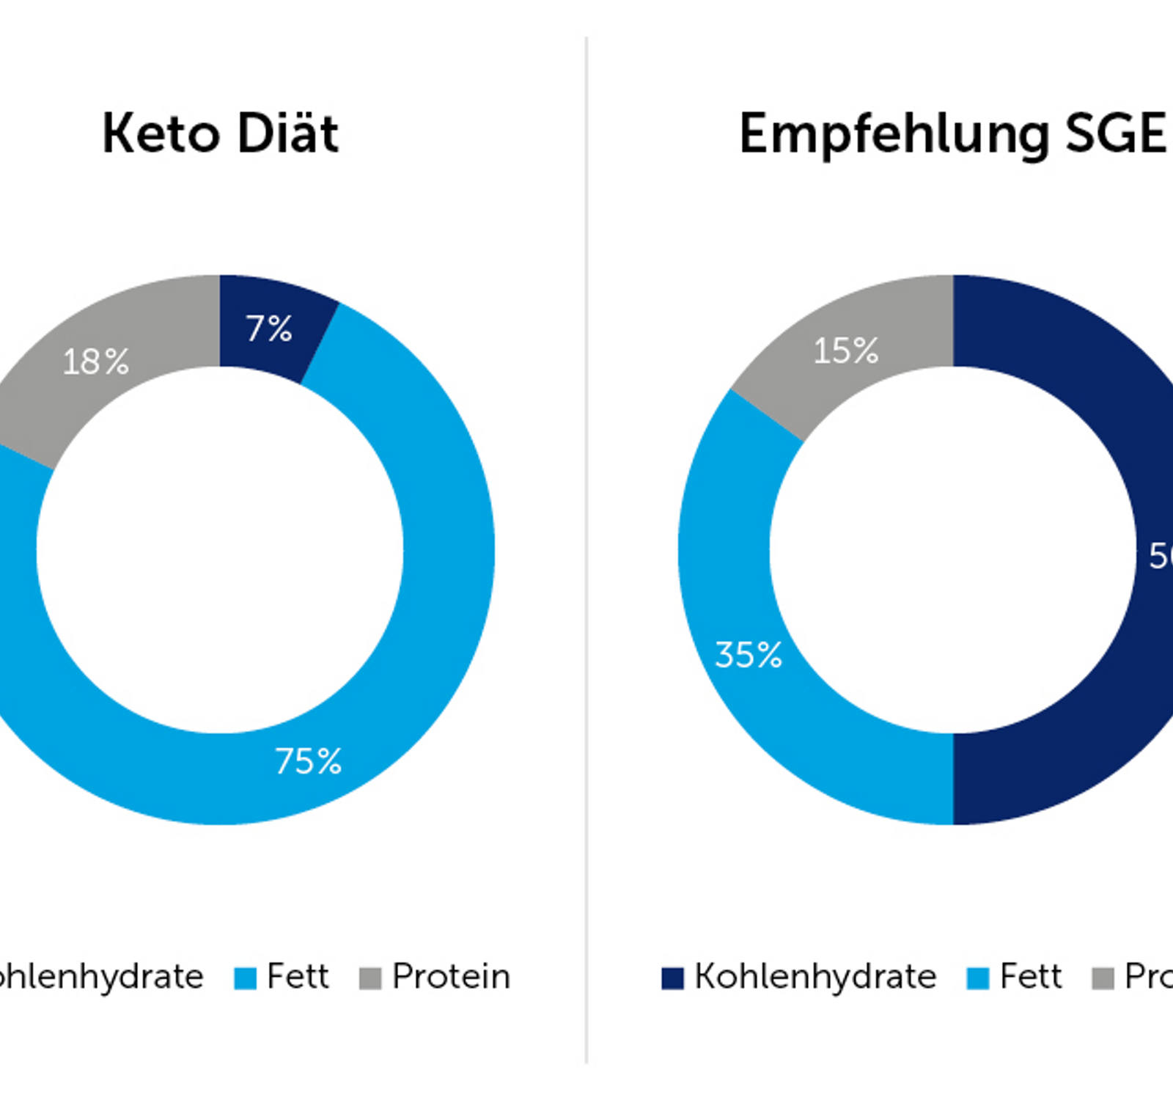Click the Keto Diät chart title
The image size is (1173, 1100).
tap(220, 134)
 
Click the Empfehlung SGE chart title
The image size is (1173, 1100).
tap(952, 134)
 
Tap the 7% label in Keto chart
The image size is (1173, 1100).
tap(269, 329)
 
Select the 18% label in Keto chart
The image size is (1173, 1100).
tap(96, 362)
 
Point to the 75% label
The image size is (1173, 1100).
tap(308, 761)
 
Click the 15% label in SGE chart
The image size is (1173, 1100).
tap(845, 351)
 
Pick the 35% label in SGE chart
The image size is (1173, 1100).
tap(749, 655)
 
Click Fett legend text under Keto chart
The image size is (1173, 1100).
tap(298, 977)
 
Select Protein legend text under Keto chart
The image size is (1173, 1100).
tap(451, 977)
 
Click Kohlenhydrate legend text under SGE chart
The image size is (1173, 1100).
tap(815, 977)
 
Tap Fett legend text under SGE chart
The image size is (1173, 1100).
tap(1031, 977)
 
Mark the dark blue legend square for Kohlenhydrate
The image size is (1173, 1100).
tap(672, 978)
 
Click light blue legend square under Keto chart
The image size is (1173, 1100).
tap(246, 978)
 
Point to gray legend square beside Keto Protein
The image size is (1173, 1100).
tap(370, 978)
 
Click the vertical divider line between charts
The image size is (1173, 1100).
tap(586, 550)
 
